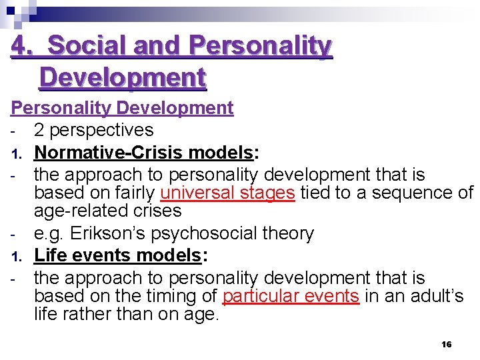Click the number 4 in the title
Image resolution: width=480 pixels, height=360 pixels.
20,47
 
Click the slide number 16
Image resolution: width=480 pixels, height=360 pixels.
447,344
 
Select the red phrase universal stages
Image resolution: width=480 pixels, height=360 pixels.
227,193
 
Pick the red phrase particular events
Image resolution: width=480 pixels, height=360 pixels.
291,297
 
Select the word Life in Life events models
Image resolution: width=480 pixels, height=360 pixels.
48,255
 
